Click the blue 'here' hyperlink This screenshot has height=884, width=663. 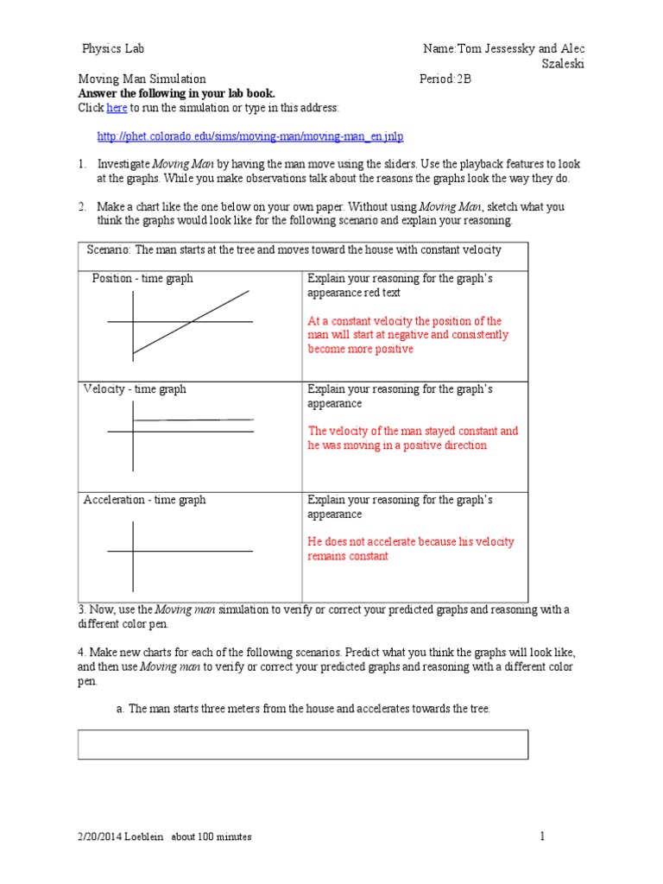117,108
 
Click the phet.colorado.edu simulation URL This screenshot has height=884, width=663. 250,136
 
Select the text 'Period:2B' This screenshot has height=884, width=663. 446,79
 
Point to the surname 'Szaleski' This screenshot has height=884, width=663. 563,64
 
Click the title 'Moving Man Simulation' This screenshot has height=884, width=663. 142,79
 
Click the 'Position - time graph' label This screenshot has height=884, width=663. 142,279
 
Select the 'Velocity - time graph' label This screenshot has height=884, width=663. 135,389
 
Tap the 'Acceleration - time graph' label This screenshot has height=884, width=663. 144,500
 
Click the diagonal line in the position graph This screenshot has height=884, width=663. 191,322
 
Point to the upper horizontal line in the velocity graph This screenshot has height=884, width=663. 194,420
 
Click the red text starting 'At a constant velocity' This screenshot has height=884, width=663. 407,335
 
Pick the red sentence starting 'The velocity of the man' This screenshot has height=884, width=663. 413,438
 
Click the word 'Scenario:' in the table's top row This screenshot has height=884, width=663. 110,249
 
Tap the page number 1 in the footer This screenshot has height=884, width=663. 543,836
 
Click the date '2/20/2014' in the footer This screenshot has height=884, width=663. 99,837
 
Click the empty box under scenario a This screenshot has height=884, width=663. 303,744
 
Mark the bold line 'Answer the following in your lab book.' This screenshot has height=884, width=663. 177,93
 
